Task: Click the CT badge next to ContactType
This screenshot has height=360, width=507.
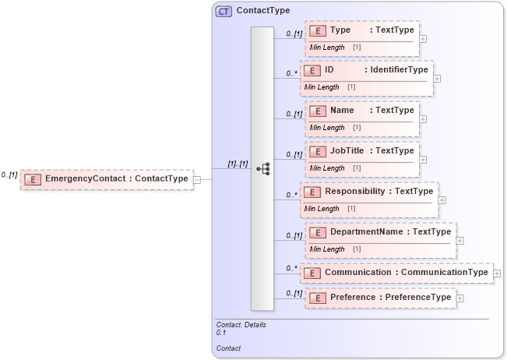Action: tap(224, 12)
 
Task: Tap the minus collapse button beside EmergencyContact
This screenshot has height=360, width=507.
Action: tap(197, 179)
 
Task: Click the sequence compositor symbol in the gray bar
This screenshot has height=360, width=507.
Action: tap(262, 168)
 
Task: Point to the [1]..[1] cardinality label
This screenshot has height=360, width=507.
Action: tap(237, 164)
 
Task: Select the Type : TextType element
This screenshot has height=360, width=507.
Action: tap(362, 31)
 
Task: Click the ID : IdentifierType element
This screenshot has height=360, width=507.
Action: tap(365, 70)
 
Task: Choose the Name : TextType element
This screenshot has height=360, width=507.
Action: tap(362, 111)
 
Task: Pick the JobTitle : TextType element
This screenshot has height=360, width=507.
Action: tap(362, 151)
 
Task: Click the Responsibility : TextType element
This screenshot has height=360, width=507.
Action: tap(368, 191)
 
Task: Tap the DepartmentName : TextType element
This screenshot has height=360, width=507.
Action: tap(380, 231)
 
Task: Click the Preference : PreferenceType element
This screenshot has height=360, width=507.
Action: tap(380, 298)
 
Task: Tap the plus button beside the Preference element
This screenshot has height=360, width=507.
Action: tap(460, 298)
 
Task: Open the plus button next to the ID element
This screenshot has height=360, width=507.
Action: tap(437, 78)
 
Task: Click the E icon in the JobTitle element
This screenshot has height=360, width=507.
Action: tap(317, 151)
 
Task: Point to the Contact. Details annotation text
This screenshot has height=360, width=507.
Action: tap(241, 324)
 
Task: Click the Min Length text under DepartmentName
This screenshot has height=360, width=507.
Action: tap(327, 249)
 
